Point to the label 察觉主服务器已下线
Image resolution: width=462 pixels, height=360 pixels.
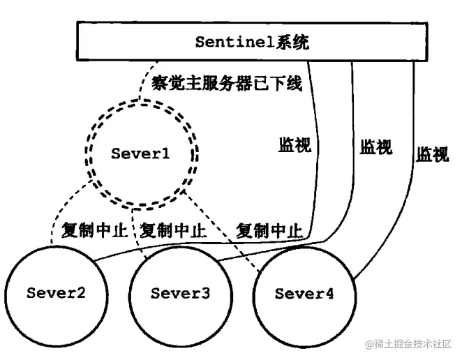tap(227, 84)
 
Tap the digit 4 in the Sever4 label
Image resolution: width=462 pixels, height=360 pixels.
tap(329, 293)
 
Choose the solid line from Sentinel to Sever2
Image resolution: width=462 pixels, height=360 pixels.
tap(318, 174)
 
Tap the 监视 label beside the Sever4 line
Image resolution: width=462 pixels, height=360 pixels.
tap(433, 153)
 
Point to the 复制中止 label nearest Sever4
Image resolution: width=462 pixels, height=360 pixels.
tap(269, 230)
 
